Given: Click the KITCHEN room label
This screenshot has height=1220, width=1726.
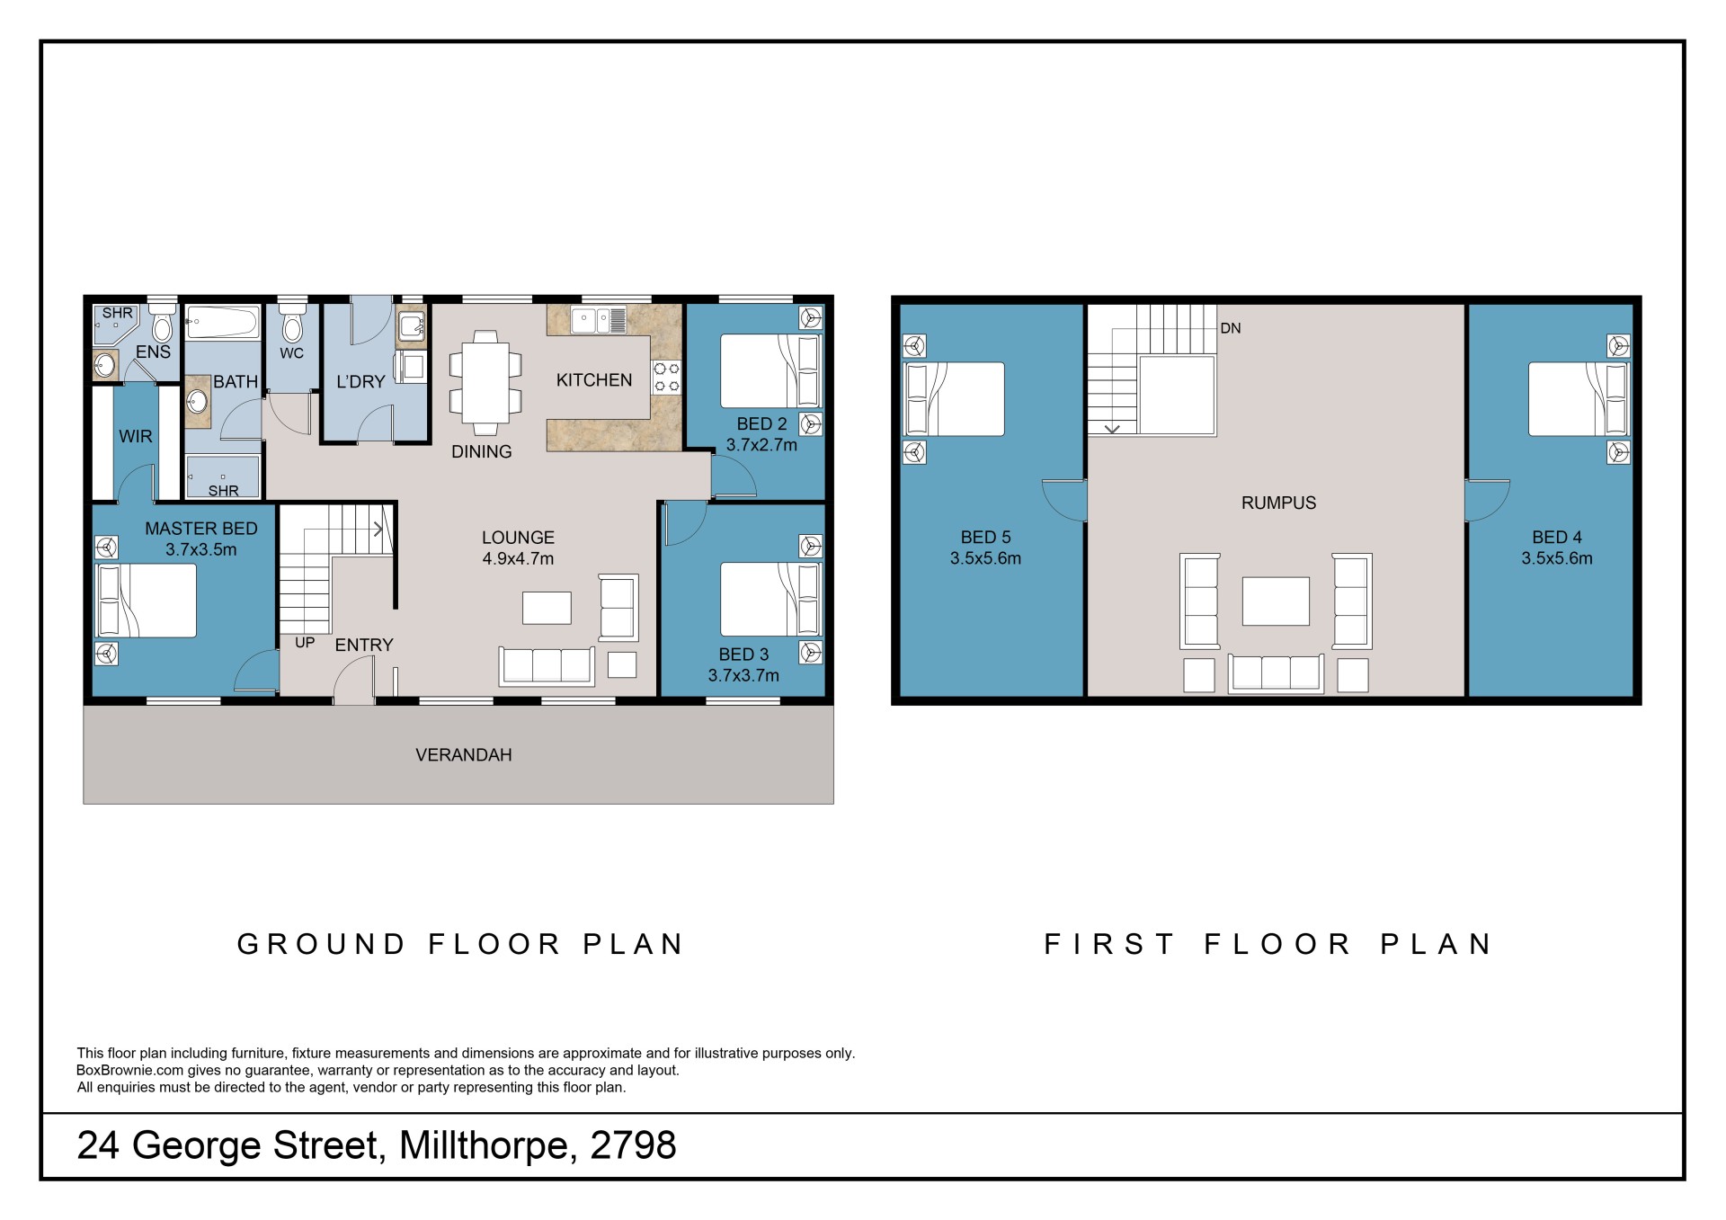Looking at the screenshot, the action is pyautogui.click(x=593, y=380).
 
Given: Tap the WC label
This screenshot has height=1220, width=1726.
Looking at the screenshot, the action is pyautogui.click(x=291, y=353).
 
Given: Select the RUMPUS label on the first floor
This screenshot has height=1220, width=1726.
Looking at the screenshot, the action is pyautogui.click(x=1278, y=503).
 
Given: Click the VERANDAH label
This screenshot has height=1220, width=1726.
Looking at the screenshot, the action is pyautogui.click(x=463, y=755).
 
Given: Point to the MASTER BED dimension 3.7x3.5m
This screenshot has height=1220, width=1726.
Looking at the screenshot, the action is pyautogui.click(x=201, y=549).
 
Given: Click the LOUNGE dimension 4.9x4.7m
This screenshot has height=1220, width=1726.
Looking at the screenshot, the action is pyautogui.click(x=518, y=558).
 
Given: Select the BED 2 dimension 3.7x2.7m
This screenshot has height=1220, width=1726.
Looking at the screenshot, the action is pyautogui.click(x=761, y=445).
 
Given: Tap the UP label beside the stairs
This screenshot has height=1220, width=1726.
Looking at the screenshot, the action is pyautogui.click(x=305, y=643).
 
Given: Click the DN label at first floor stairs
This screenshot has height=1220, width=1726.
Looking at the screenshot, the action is pyautogui.click(x=1230, y=328).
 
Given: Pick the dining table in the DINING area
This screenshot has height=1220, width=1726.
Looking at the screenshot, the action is pyautogui.click(x=485, y=377).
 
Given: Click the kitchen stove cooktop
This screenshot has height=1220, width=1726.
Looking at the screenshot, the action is pyautogui.click(x=666, y=377).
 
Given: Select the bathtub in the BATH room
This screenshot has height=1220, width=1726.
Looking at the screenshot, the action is pyautogui.click(x=223, y=322).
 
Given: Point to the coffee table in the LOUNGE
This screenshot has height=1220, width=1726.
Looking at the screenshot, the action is pyautogui.click(x=547, y=608).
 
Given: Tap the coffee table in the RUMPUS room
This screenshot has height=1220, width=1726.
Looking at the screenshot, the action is pyautogui.click(x=1276, y=601).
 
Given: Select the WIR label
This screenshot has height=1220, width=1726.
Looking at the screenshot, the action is pyautogui.click(x=136, y=436).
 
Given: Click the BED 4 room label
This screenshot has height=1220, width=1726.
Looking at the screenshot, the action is pyautogui.click(x=1557, y=538).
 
